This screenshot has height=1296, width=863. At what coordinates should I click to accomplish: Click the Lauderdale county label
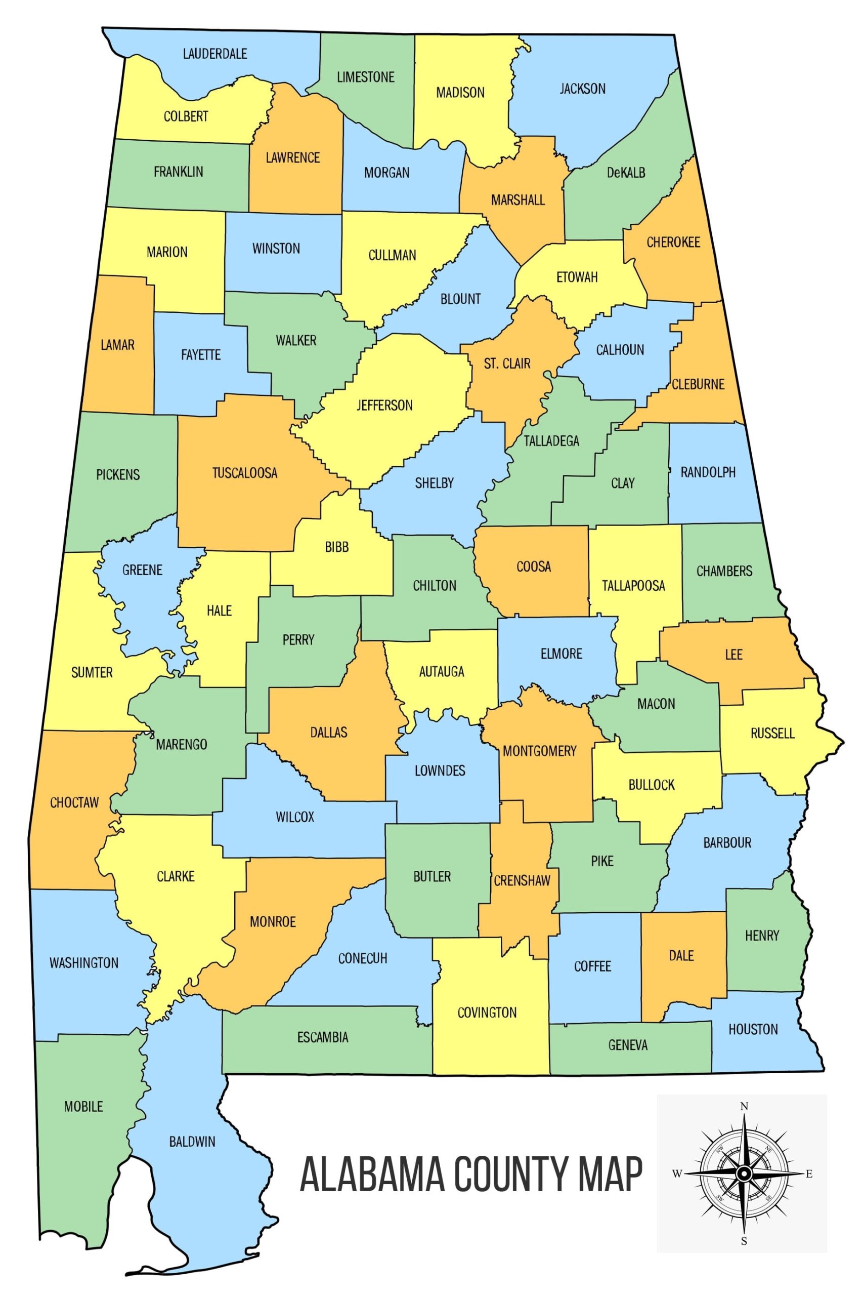[214, 54]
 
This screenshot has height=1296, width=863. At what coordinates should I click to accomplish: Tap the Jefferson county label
[384, 406]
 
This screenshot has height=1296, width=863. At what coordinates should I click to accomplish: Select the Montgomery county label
[539, 751]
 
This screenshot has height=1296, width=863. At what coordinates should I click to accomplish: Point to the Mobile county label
[83, 1107]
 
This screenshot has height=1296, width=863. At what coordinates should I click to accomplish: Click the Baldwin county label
[192, 1142]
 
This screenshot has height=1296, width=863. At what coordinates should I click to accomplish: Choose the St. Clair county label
[507, 363]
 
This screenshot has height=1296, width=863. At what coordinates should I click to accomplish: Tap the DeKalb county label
[626, 173]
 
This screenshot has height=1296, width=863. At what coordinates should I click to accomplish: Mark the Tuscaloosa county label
[245, 472]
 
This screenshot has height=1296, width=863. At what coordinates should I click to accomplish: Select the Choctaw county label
[74, 802]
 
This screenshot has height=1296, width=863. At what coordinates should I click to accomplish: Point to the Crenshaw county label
[521, 881]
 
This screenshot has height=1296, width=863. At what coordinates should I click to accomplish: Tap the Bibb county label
[337, 547]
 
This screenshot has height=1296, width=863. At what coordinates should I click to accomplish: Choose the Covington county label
[487, 1012]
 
